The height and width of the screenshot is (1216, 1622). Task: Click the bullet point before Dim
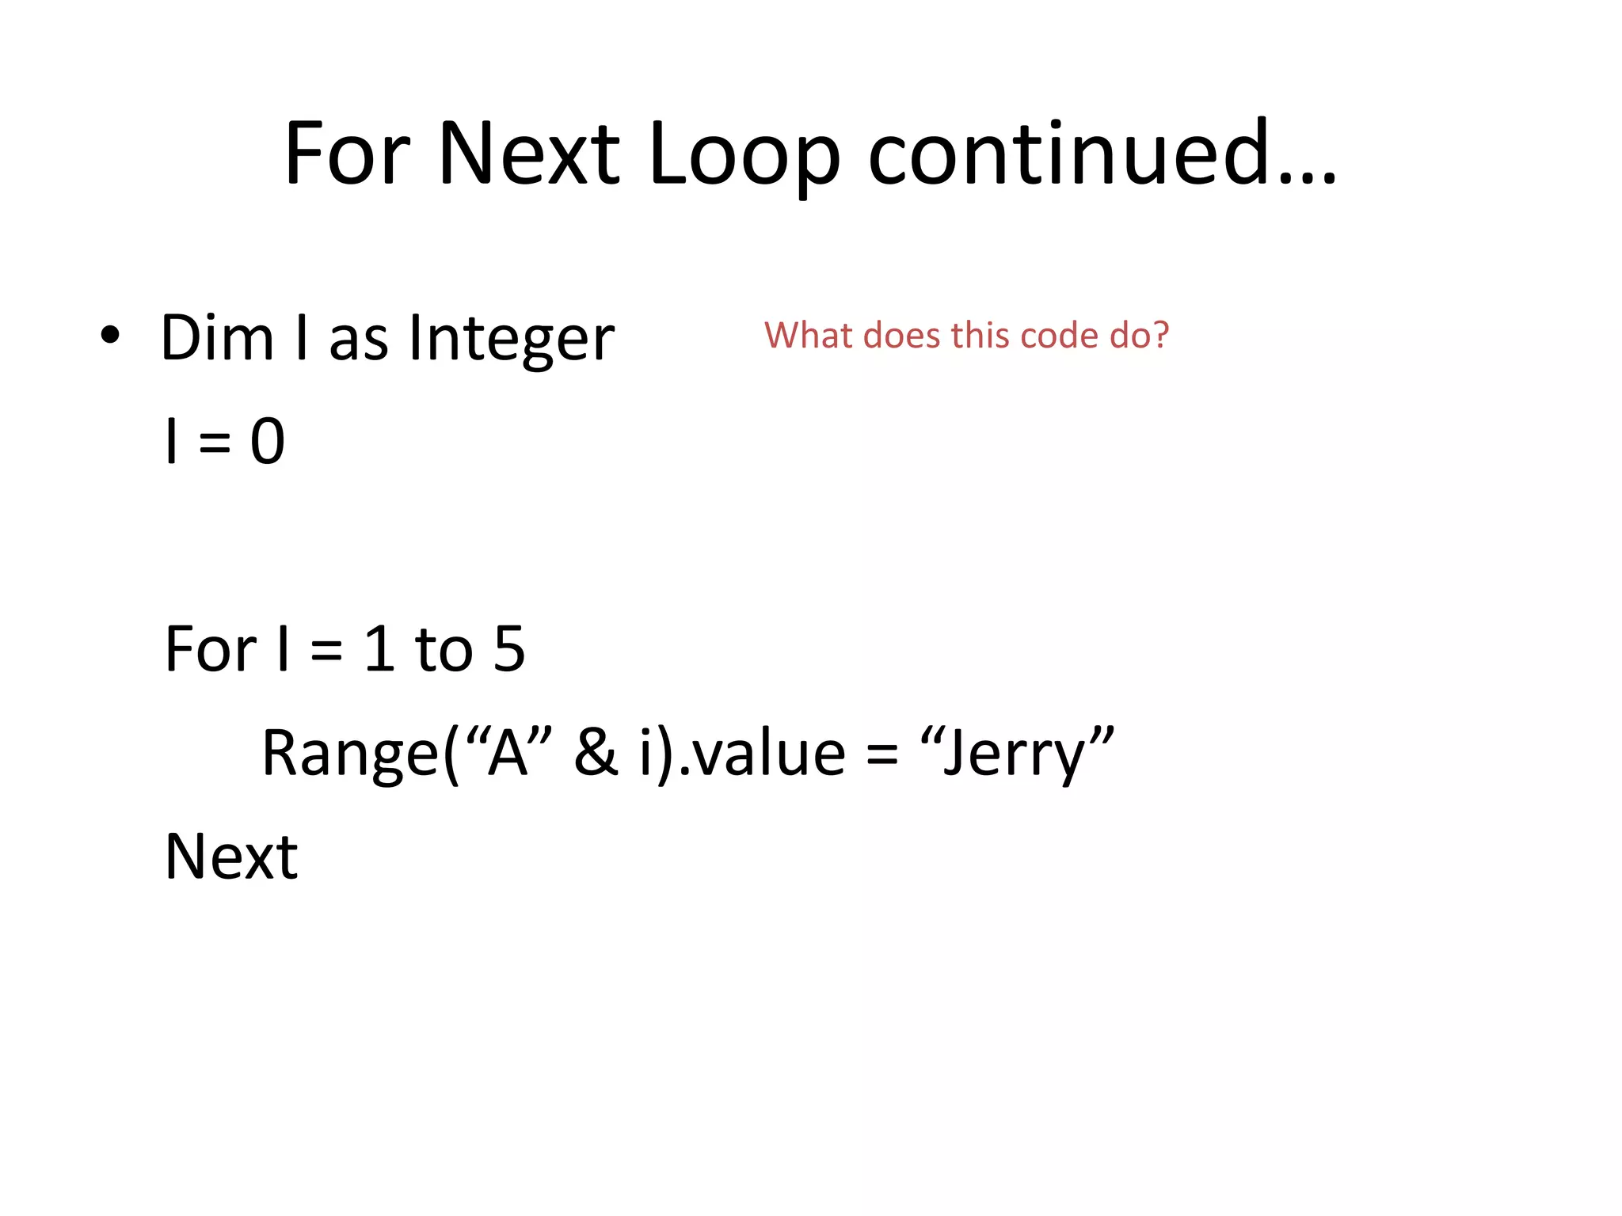click(x=110, y=335)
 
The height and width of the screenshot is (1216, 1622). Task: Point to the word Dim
click(x=217, y=338)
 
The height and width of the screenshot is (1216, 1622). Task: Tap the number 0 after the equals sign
click(x=268, y=442)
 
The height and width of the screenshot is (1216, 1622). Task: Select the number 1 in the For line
click(x=379, y=649)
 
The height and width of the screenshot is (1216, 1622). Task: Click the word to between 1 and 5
click(x=444, y=649)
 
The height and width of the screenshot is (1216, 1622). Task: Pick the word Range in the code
click(x=349, y=754)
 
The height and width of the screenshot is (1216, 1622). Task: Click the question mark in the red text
click(x=1160, y=336)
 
